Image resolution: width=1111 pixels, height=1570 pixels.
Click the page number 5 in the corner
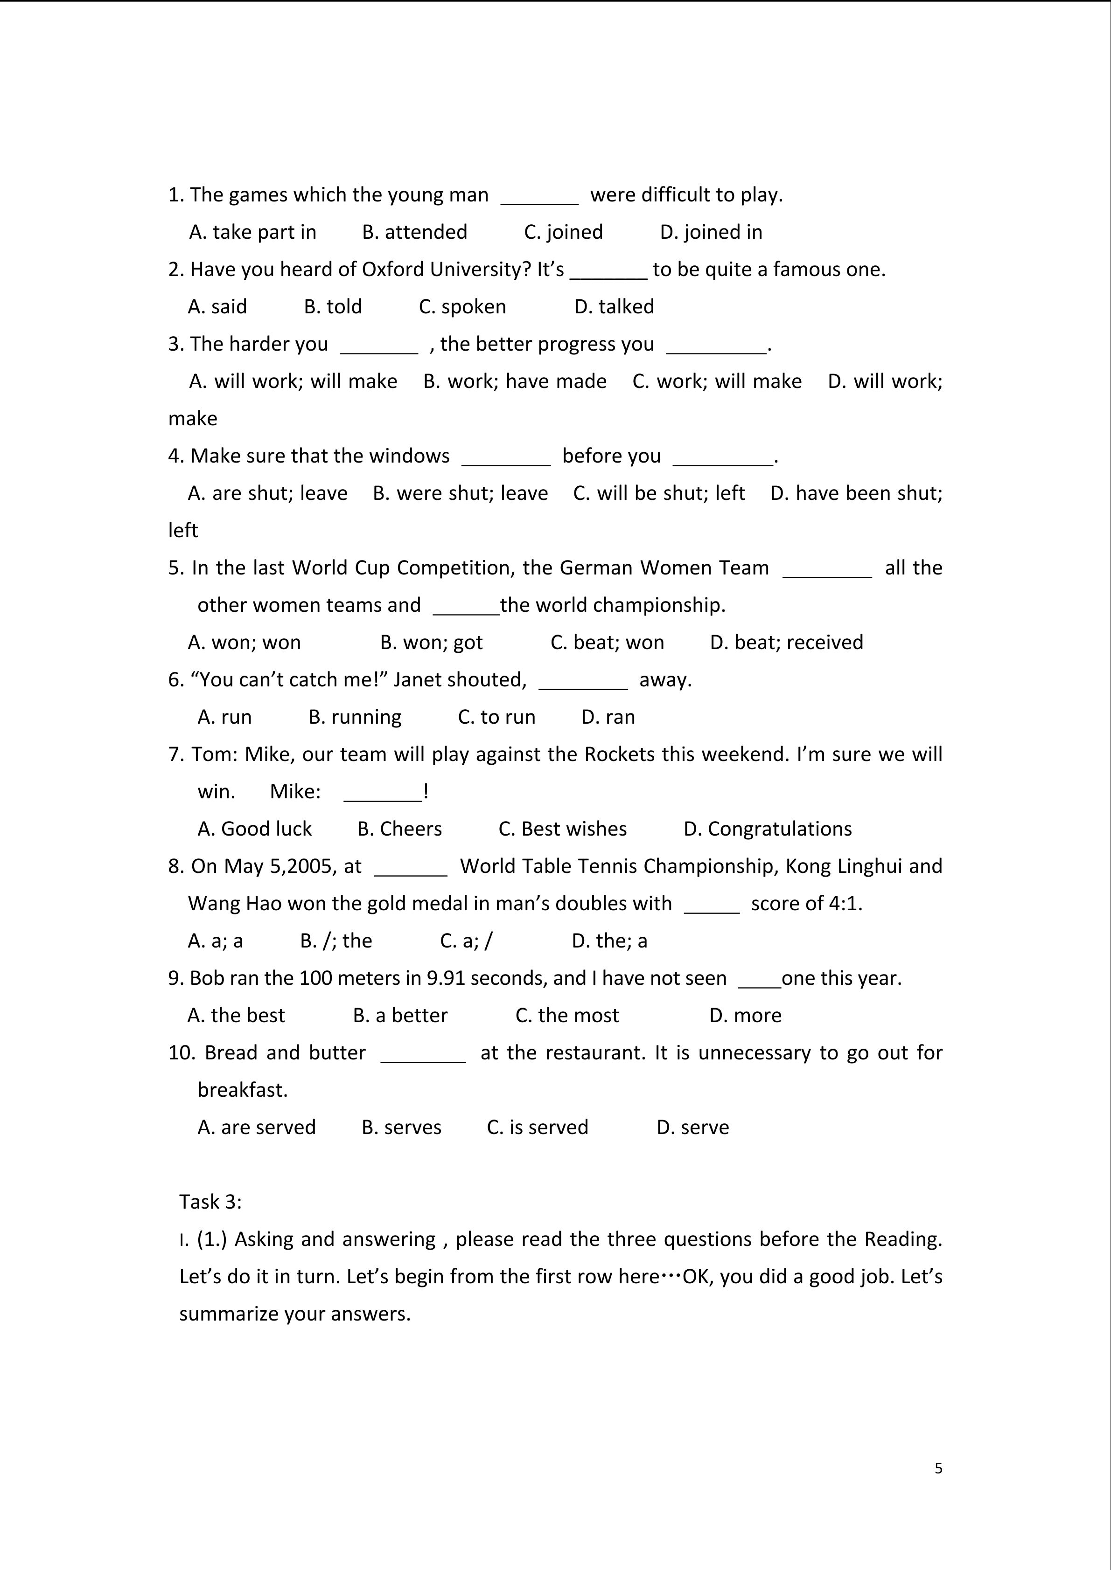pos(938,1468)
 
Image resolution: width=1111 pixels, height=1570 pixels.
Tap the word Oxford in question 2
pos(388,270)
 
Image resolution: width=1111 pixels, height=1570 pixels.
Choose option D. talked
pos(614,307)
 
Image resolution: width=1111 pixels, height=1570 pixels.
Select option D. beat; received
pos(786,643)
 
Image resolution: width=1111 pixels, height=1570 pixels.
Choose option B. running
pos(355,717)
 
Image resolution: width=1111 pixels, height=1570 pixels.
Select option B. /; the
pos(336,941)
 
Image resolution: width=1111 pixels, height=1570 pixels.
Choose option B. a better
pos(400,1016)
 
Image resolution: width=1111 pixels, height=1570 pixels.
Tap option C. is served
pos(537,1127)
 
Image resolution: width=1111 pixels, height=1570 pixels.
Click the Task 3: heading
pos(210,1202)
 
